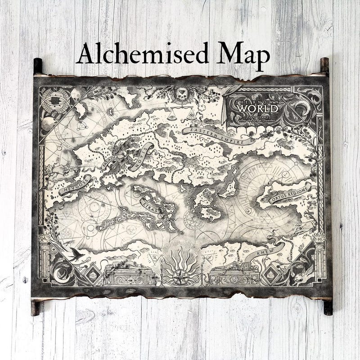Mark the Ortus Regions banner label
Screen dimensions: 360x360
pos(291,194)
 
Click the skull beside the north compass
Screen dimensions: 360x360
pos(76,93)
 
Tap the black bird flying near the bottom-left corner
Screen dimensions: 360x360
pos(77,255)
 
